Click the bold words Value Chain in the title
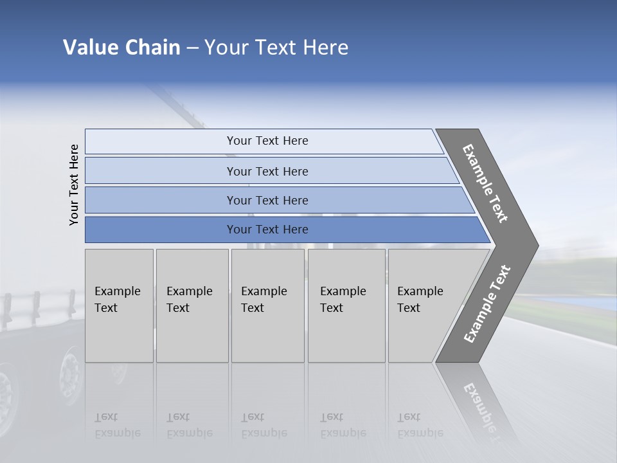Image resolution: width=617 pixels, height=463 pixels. point(121,48)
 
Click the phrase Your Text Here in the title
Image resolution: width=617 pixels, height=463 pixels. point(276,48)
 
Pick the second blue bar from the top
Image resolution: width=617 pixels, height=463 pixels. point(267,171)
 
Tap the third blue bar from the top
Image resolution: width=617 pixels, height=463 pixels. point(267,200)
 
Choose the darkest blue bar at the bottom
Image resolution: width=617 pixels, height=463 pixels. point(267,230)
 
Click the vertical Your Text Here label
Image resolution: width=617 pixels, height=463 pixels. point(74,185)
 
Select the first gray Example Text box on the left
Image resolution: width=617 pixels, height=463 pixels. point(119,305)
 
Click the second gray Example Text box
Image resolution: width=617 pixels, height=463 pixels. point(192,305)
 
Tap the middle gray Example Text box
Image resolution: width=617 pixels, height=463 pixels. point(267,305)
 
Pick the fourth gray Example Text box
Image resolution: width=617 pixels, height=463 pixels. point(346,305)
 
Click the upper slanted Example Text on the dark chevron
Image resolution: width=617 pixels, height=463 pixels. point(486,183)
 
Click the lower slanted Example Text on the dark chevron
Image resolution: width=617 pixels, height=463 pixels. point(487,304)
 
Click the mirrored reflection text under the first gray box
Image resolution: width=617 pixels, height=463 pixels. point(117,425)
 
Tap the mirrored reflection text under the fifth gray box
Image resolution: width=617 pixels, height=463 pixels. point(420,425)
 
